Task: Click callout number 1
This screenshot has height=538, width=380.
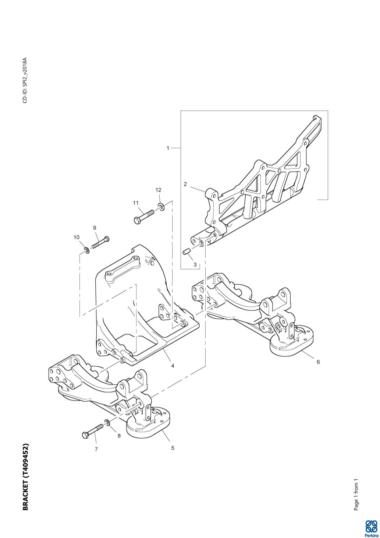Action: click(168, 148)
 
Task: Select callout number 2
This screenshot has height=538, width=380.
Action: click(185, 184)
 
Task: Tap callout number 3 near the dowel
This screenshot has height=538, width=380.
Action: click(195, 264)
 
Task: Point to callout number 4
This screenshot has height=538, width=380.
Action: click(173, 366)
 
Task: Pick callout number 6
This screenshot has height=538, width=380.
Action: click(318, 362)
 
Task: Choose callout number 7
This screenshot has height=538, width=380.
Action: click(96, 449)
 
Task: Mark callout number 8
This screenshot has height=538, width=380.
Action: click(119, 436)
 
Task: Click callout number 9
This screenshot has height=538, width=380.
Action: click(95, 228)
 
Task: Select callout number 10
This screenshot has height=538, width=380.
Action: click(76, 237)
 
